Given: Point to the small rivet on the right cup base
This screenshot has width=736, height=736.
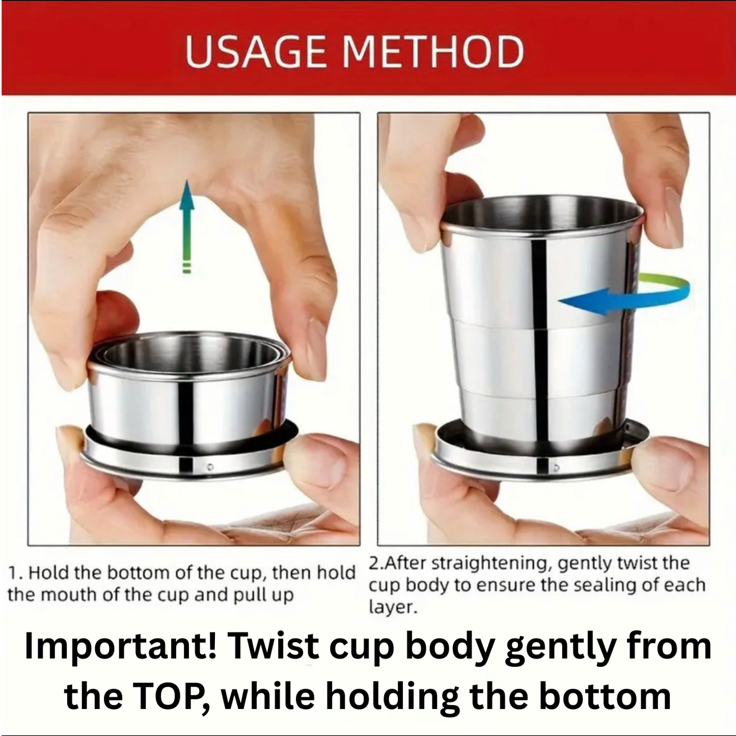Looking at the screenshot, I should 556,467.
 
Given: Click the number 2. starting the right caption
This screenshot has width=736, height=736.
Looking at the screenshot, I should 376,563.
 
